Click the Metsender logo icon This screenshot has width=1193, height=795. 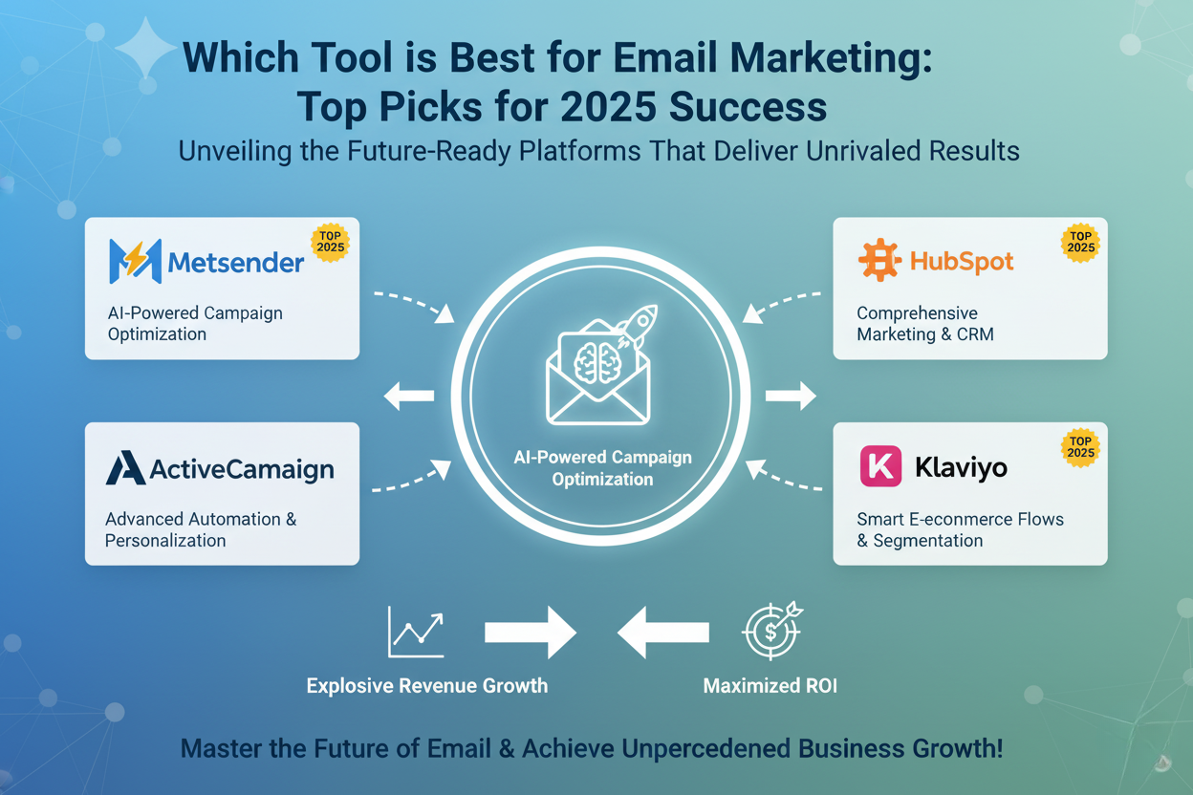[x=136, y=261]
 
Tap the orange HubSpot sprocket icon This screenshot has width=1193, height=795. [x=879, y=259]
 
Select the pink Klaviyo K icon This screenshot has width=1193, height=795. [x=880, y=466]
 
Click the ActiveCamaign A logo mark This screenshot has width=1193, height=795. [x=125, y=467]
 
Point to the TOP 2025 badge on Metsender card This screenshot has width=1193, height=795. [x=330, y=243]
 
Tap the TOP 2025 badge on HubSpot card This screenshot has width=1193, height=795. [x=1080, y=243]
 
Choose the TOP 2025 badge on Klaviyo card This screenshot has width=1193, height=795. [x=1080, y=447]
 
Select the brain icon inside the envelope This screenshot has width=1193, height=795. [x=597, y=362]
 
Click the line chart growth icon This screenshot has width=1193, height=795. [x=416, y=632]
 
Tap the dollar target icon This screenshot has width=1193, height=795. [x=772, y=631]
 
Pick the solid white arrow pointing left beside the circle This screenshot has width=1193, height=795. [x=409, y=396]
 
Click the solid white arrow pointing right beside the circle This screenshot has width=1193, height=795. [x=791, y=396]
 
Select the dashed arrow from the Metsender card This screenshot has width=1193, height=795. [x=418, y=303]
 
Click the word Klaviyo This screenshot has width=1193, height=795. [x=961, y=468]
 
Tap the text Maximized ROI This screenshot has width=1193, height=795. [x=770, y=686]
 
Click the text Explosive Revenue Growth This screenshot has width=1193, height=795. [x=427, y=686]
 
